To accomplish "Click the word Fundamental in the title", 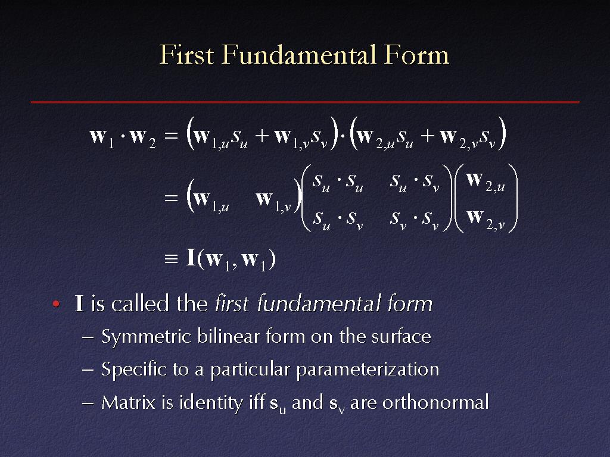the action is coord(300,54).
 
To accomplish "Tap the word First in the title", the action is coord(186,54).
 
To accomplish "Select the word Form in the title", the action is coord(416,54).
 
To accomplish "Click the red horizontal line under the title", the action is coord(305,102).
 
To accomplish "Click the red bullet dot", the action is coord(56,303).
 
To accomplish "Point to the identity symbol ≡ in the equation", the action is coord(171,259).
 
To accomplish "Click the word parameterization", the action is coord(368,370).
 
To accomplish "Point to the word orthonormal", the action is coord(435,402).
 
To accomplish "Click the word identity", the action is coord(211,403).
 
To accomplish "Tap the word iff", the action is coord(257,402).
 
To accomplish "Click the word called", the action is coord(140,303).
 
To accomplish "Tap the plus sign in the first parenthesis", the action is coord(262,135).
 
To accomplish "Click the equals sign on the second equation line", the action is coord(171,198).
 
